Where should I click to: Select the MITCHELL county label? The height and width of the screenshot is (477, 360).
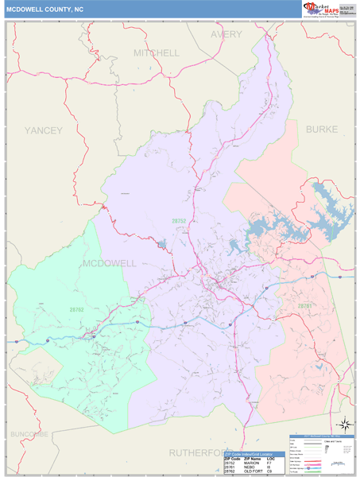click(157, 52)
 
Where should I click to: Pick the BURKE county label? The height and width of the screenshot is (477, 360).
click(321, 129)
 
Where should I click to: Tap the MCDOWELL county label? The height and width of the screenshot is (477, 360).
click(110, 262)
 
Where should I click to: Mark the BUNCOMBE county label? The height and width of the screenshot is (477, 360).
click(29, 433)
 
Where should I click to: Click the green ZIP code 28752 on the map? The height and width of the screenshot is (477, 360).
click(180, 220)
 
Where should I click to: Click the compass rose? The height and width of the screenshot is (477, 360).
click(344, 425)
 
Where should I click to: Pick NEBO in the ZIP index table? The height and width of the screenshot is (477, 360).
click(250, 467)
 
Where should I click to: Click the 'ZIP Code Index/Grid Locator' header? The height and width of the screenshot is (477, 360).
click(254, 454)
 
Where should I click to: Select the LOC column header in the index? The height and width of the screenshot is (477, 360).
click(271, 459)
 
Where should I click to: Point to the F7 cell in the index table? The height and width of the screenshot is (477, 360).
click(269, 463)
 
